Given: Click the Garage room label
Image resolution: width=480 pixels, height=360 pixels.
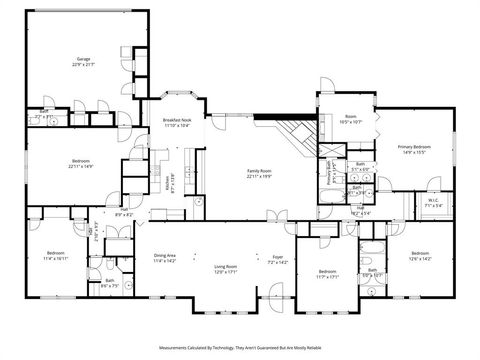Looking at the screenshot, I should pos(83,61).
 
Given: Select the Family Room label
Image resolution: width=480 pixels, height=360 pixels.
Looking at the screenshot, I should pos(260,172).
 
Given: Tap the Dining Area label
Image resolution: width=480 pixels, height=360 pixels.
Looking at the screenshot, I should pos(165,257).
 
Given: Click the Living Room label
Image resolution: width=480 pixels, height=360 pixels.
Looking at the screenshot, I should pos(225,268).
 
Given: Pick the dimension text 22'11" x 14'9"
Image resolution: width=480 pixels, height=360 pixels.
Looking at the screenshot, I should pos(82,166).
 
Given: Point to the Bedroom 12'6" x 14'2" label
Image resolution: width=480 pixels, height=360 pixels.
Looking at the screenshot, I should pos(419,256).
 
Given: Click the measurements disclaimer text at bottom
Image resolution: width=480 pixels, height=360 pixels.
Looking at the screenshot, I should pos(239,349).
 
